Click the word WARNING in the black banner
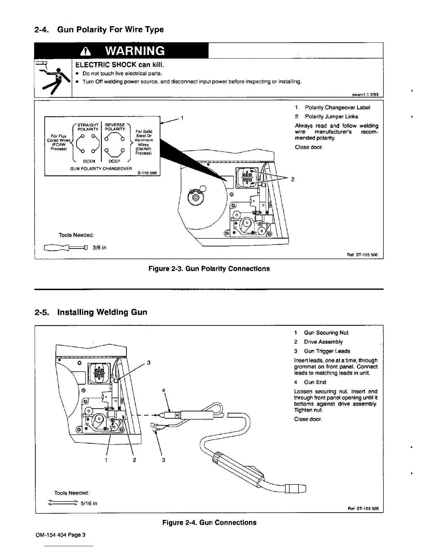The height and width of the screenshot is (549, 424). tap(135, 51)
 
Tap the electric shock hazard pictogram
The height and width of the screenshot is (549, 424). tap(53, 78)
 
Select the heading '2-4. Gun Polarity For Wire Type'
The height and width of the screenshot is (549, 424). tap(99, 29)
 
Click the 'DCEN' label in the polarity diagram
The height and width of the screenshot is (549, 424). tap(90, 161)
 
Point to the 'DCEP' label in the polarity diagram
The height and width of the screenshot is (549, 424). tap(114, 161)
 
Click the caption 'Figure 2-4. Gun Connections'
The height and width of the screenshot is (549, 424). tap(209, 522)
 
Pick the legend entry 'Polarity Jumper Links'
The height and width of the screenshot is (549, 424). tap(331, 116)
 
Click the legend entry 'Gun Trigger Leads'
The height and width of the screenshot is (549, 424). tap(327, 351)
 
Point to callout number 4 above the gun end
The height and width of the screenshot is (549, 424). tap(164, 391)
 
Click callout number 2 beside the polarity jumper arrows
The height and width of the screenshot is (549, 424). tap(293, 179)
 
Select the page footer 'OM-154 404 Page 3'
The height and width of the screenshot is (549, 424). tap(60, 534)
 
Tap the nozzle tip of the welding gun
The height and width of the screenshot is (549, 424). tap(301, 489)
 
